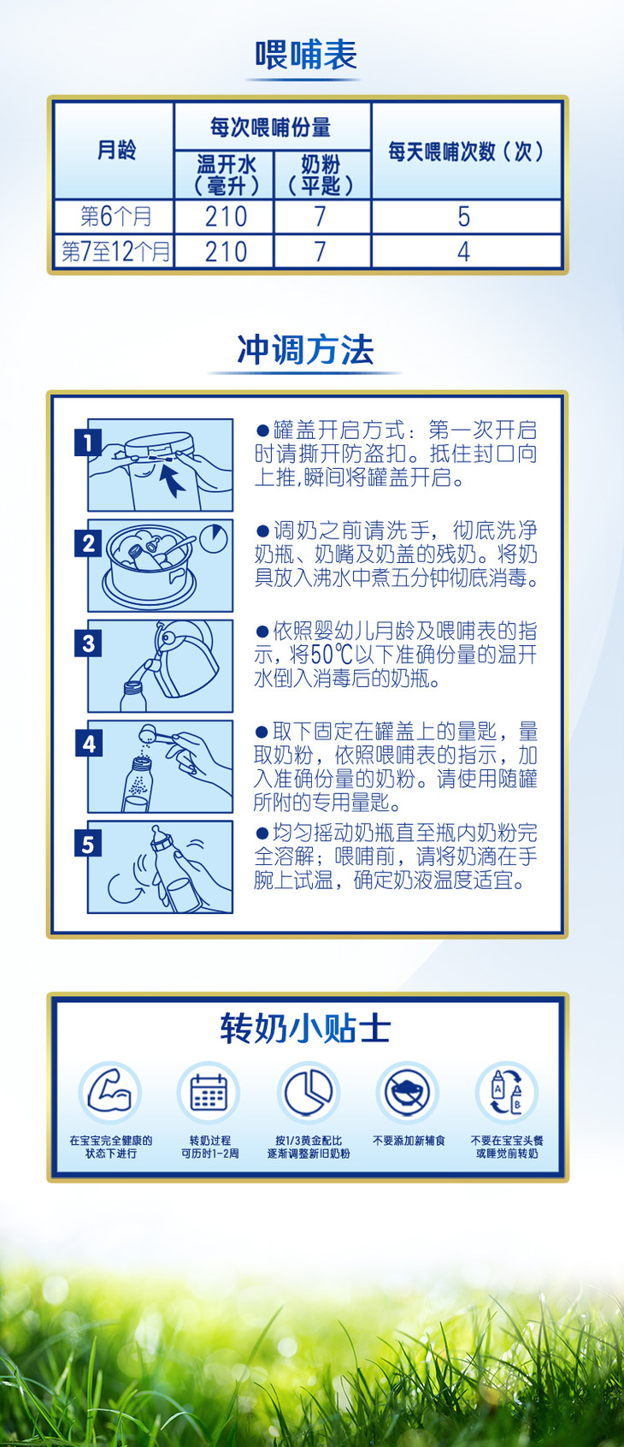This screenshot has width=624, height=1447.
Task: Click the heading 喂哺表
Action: (306, 54)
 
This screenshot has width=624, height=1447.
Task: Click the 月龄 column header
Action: (116, 151)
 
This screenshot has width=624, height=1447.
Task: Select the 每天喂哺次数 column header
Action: (466, 151)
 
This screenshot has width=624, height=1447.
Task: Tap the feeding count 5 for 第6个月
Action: (464, 216)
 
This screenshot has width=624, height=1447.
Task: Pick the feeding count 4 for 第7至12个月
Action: (463, 252)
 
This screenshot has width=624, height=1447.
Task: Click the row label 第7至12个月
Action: (115, 252)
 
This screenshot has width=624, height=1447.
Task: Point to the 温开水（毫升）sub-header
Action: (226, 175)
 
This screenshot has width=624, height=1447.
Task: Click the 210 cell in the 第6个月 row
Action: (226, 216)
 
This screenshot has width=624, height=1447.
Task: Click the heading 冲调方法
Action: (305, 349)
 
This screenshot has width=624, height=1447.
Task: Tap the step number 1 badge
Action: (88, 443)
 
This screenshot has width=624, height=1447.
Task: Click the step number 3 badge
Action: (88, 643)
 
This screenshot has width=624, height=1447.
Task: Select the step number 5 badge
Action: (88, 845)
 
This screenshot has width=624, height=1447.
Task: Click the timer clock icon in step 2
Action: (213, 537)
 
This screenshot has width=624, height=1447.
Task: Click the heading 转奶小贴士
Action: (306, 1028)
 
